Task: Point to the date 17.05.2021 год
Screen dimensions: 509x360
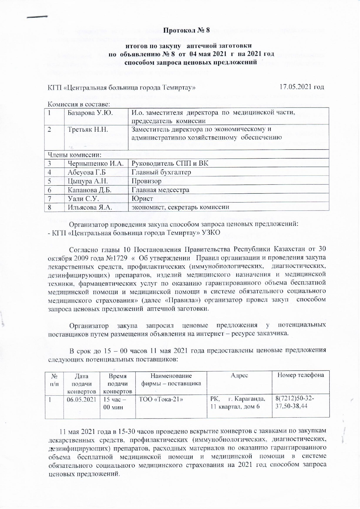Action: (301, 87)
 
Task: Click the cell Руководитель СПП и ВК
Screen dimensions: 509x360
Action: (170, 163)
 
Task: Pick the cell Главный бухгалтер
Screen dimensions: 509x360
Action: (161, 172)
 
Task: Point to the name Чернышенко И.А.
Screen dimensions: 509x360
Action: (96, 163)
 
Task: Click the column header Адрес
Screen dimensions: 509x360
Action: (239, 376)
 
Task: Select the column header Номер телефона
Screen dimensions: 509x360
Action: (301, 375)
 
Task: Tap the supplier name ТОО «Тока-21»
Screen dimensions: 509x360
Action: (161, 399)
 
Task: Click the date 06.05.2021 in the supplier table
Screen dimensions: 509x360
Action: (81, 399)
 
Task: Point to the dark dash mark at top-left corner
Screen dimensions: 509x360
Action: (37, 17)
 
